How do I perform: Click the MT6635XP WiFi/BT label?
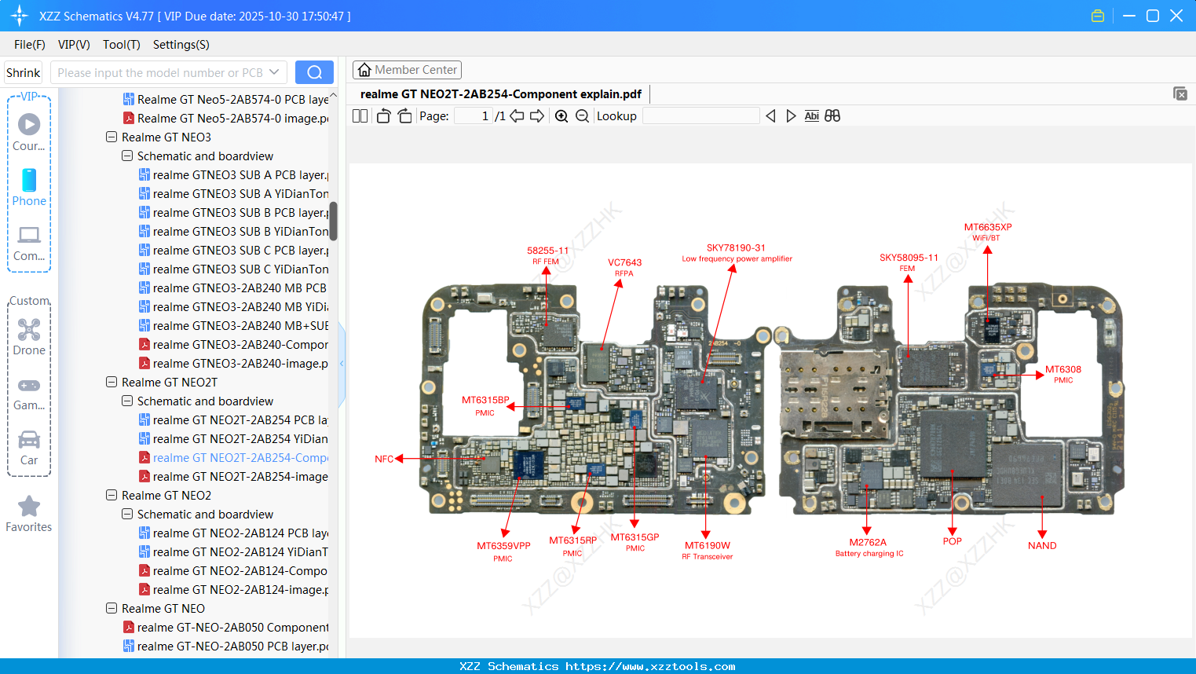coord(987,228)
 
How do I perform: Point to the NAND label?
coord(1041,546)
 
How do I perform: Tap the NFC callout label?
coord(383,459)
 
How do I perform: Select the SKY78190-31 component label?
coord(736,248)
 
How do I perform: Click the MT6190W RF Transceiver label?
coord(707,546)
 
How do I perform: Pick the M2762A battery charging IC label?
coord(868,543)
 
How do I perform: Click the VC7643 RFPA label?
coord(624,263)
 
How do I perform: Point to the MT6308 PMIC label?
coord(1063,370)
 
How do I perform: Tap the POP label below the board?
coord(952,541)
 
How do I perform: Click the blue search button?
coord(314,72)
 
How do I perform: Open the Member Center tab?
coord(407,70)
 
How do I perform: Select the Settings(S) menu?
coord(181,45)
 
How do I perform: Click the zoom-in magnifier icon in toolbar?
coord(561,116)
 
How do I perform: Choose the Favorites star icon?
coord(29,507)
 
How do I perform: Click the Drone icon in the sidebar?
coord(29,330)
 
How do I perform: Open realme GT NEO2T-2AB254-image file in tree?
coord(240,477)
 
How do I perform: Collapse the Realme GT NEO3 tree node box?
coord(112,137)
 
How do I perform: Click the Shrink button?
coord(23,73)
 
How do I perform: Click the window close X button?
coord(1176,16)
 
